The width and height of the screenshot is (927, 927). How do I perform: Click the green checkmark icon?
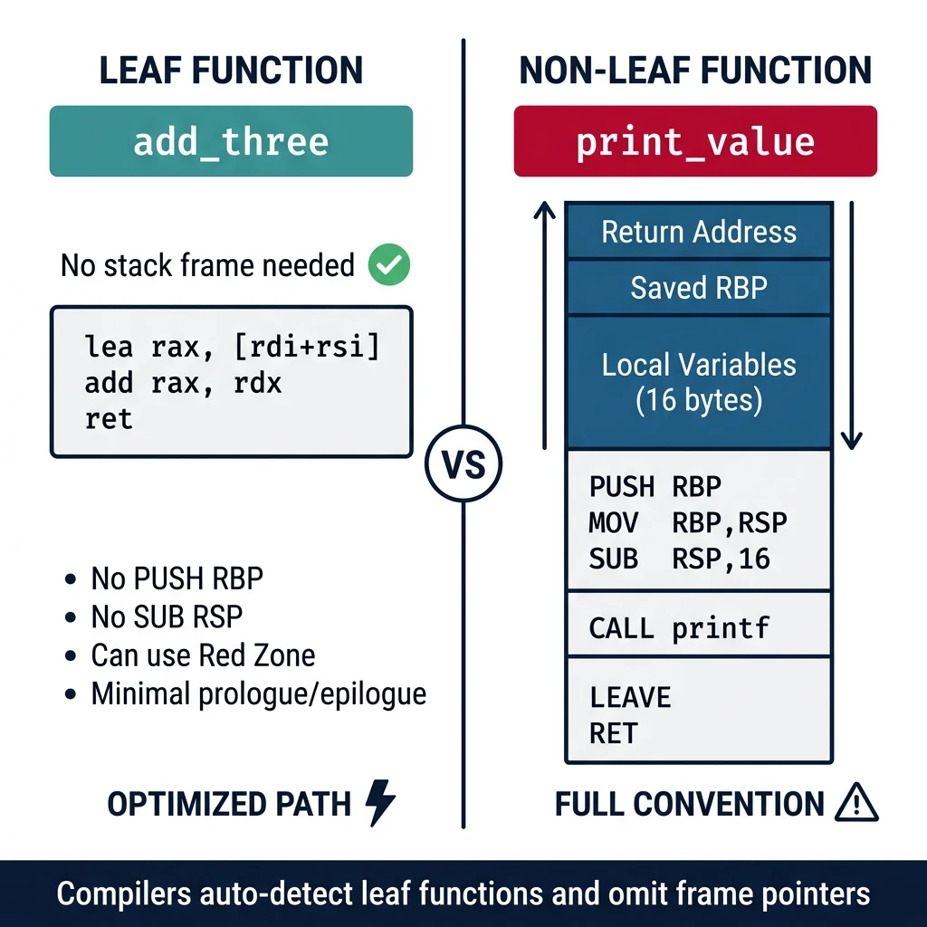pos(389,265)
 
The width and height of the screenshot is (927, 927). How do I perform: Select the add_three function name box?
pos(231,141)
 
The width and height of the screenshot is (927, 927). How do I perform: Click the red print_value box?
pos(695,141)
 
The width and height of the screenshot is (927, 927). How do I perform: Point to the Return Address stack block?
pos(699,232)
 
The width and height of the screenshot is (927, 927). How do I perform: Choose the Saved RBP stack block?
pos(699,288)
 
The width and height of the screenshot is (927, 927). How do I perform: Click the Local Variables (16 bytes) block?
pos(699,382)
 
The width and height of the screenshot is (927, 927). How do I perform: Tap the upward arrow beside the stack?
pos(544,326)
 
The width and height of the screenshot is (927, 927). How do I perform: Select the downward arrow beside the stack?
pos(851,326)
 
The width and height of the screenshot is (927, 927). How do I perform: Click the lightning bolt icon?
pos(379,803)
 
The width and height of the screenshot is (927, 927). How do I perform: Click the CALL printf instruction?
pos(679,628)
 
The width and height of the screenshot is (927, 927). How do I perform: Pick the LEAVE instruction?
pos(630,698)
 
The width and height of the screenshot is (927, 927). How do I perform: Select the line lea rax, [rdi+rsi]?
pos(231,346)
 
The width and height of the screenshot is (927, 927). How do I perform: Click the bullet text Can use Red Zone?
pos(203,655)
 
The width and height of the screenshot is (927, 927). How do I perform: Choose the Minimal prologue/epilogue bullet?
pos(258,694)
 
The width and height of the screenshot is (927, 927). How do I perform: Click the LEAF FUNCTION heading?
pos(231,70)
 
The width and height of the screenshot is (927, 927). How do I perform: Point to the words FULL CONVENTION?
pos(690,804)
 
